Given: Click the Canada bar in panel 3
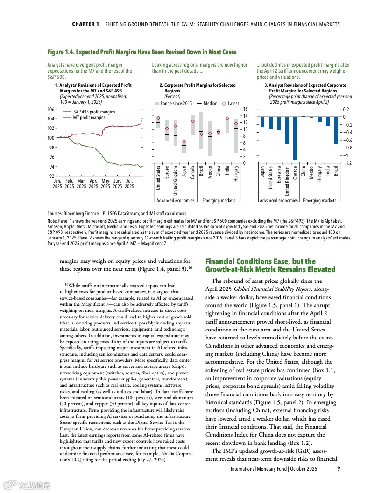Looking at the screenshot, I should (295, 138).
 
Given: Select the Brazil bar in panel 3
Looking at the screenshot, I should (336, 130).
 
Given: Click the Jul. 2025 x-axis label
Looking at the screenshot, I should (129, 183).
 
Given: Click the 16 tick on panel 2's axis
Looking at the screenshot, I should (243, 109).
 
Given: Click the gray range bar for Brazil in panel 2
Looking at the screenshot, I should (201, 131).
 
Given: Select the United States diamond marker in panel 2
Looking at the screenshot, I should (158, 118).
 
